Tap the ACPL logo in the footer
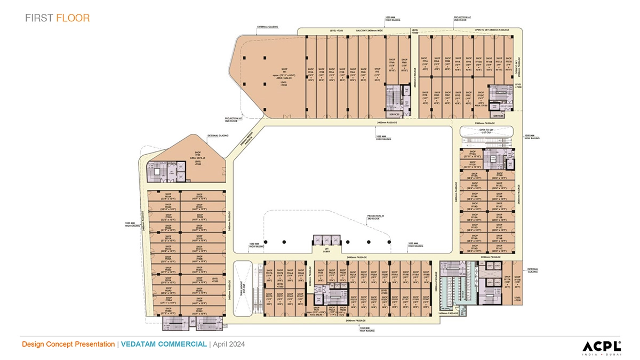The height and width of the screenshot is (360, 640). (601, 346)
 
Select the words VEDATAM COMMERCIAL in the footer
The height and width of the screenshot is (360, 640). (163, 344)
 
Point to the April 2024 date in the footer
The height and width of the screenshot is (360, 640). (229, 344)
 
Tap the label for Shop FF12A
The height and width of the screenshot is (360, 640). (476, 154)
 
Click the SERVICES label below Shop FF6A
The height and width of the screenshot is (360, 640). (394, 114)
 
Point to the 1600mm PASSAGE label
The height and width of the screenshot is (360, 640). (449, 313)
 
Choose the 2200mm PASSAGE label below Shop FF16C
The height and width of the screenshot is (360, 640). (490, 257)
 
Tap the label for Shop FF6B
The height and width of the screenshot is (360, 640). (404, 64)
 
